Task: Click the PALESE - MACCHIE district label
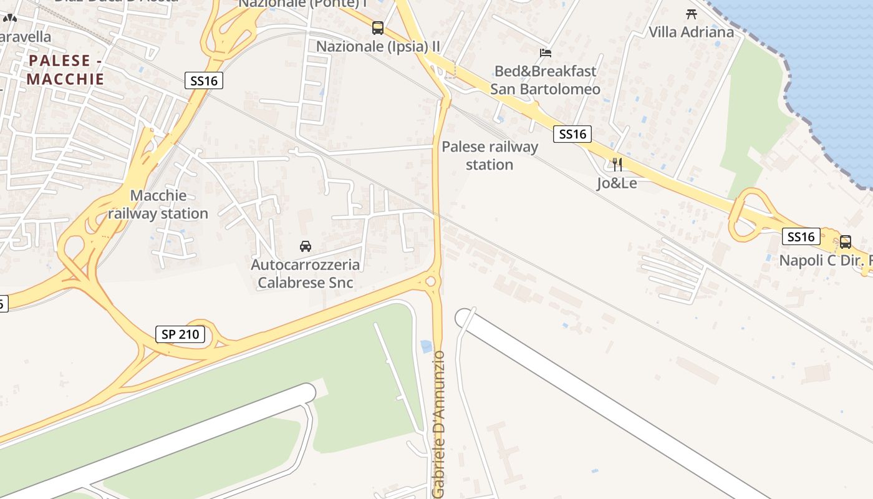[65, 70]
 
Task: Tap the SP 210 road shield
[180, 334]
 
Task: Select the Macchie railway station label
[158, 205]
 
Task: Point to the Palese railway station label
[490, 156]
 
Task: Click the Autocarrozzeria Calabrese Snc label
[305, 273]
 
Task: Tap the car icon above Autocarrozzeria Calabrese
[306, 246]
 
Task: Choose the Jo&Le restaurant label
[617, 183]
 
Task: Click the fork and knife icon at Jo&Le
[617, 165]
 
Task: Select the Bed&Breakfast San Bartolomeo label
[545, 80]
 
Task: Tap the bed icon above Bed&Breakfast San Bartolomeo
[546, 53]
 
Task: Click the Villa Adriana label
[691, 32]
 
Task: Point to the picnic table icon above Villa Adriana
[691, 14]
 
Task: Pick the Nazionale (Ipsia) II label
[378, 46]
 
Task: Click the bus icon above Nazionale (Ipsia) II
[378, 28]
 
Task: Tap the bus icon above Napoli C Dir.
[846, 242]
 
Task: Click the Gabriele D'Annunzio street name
[439, 424]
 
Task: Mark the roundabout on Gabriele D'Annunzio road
[430, 282]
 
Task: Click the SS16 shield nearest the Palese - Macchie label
[204, 80]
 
